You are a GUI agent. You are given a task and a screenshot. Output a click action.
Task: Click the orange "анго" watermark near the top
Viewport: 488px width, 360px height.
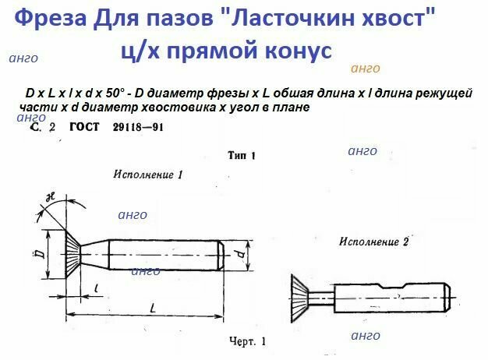pyautogui.click(x=366, y=69)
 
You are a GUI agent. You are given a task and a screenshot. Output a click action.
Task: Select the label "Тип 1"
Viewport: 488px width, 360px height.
pyautogui.click(x=243, y=155)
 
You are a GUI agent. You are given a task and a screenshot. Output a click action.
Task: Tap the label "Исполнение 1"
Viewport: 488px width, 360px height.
pyautogui.click(x=148, y=175)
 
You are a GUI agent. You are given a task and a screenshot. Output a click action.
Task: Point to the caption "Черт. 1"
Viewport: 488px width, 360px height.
pyautogui.click(x=247, y=341)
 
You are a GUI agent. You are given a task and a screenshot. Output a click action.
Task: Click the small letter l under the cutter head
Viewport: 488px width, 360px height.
pyautogui.click(x=95, y=288)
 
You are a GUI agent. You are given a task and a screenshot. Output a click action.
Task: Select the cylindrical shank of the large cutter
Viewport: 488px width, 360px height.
pyautogui.click(x=164, y=252)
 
